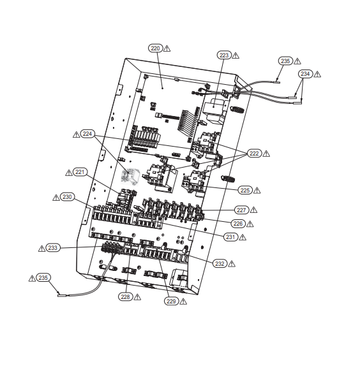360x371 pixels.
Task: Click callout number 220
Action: pyautogui.click(x=155, y=48)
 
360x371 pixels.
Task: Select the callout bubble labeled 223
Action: pyautogui.click(x=224, y=55)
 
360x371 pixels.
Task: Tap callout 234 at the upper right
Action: pyautogui.click(x=305, y=74)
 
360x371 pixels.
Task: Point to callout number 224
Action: pyautogui.click(x=87, y=134)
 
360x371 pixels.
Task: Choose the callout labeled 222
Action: pyautogui.click(x=254, y=154)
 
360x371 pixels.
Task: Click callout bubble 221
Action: pyautogui.click(x=80, y=172)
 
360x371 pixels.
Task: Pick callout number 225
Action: pyautogui.click(x=245, y=190)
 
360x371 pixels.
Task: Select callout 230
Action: pyautogui.click(x=67, y=197)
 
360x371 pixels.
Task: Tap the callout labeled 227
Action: pyautogui.click(x=241, y=210)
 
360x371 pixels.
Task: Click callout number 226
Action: pyautogui.click(x=238, y=224)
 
